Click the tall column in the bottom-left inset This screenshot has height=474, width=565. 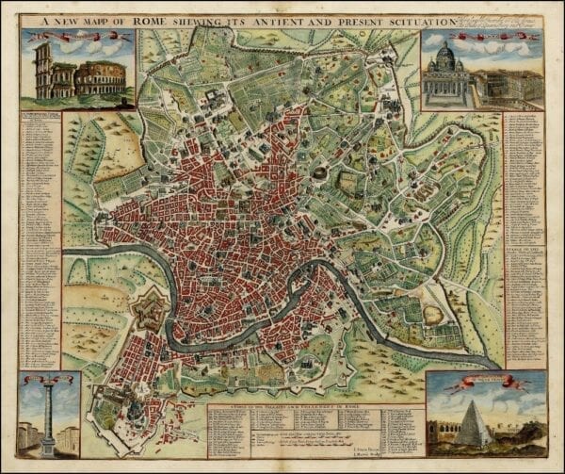(x=46, y=415)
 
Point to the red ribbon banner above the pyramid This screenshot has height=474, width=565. (x=481, y=383)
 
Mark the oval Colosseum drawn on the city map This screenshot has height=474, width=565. (x=321, y=173)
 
